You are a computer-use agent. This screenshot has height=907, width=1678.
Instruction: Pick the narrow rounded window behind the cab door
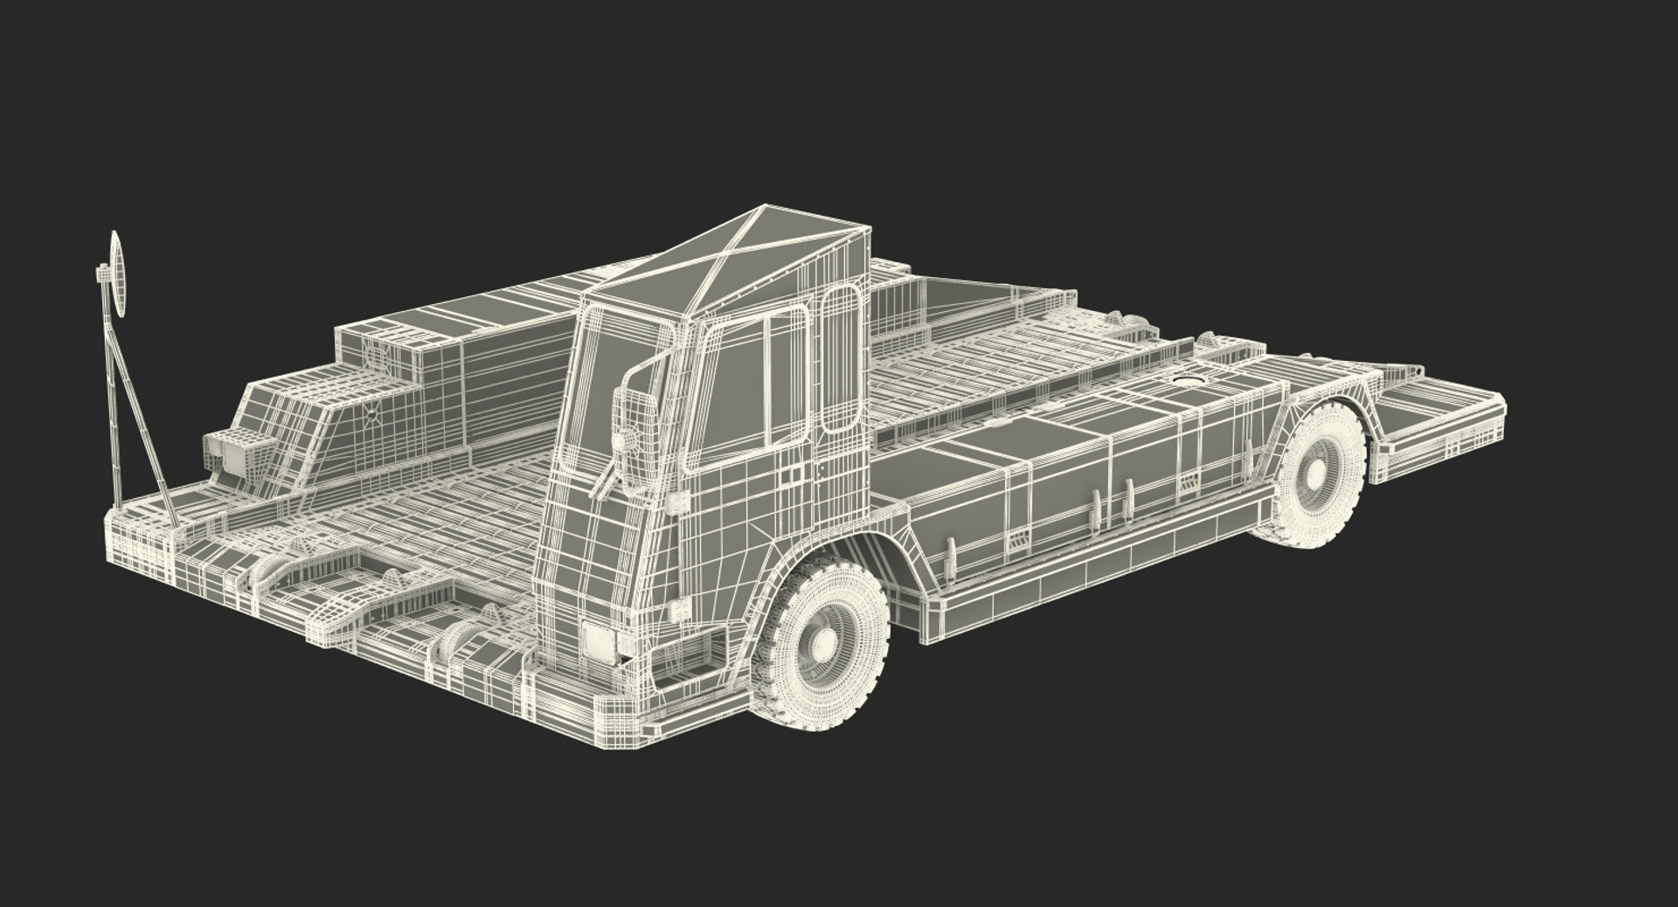(x=840, y=358)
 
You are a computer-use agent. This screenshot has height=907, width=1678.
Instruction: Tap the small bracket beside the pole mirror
(x=101, y=275)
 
